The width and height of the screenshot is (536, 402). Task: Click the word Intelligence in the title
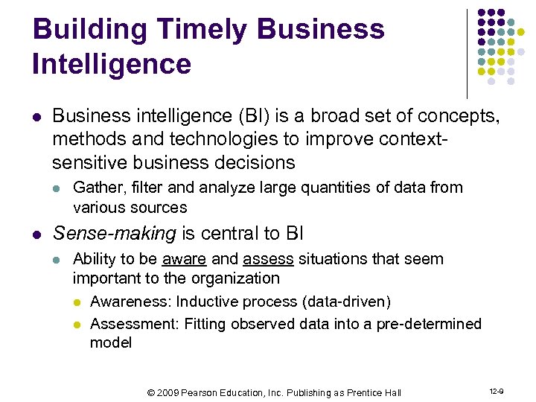tap(112, 64)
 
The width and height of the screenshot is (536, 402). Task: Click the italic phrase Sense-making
tap(114, 234)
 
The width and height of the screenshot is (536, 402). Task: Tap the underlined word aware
tap(185, 260)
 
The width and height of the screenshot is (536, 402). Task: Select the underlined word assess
tap(267, 260)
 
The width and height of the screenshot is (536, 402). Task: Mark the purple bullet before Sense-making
tap(37, 234)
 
